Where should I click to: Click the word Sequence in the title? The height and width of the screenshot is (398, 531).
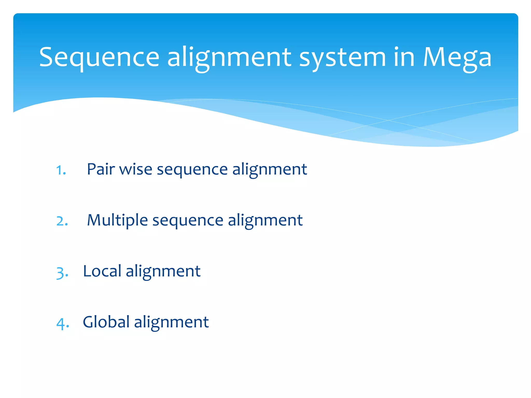tap(99, 58)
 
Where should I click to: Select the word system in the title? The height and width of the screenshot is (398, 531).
tap(343, 58)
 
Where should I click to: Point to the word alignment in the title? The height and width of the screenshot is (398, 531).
tap(229, 58)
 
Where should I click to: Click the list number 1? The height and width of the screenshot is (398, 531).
tap(61, 170)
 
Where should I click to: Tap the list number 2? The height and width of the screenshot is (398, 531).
tap(62, 221)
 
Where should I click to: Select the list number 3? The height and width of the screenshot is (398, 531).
tap(62, 273)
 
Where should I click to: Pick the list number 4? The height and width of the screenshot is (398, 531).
tap(63, 323)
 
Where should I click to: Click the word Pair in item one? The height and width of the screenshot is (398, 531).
tap(101, 169)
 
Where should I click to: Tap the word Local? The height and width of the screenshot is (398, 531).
tap(102, 271)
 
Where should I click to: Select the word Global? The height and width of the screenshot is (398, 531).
tap(106, 322)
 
